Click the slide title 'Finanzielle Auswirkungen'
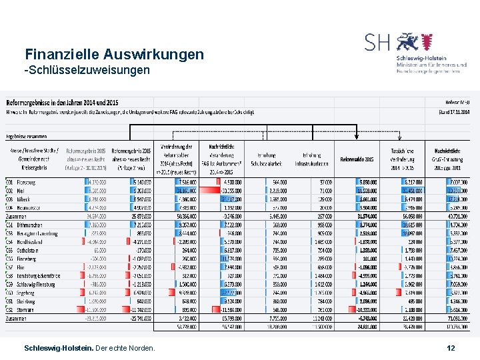click(x=114, y=54)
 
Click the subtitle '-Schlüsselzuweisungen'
click(x=87, y=70)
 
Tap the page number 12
click(x=451, y=348)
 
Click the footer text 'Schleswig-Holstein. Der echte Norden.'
click(x=89, y=348)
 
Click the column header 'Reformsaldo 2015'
click(x=356, y=159)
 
